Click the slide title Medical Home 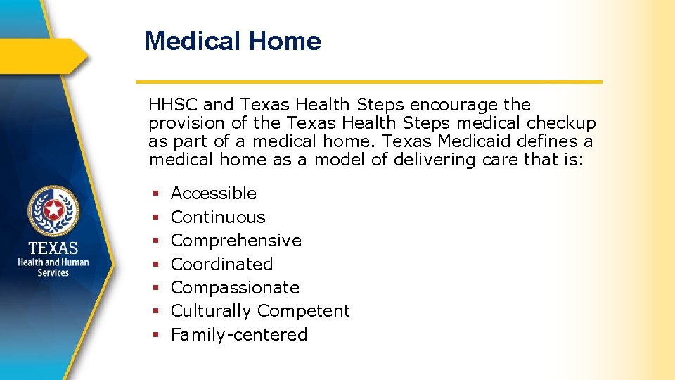click(233, 41)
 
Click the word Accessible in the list click(214, 194)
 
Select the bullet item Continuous click(218, 217)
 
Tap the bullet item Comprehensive click(236, 241)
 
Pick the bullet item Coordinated click(221, 265)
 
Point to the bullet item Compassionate click(235, 288)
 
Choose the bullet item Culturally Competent click(260, 311)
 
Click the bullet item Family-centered click(239, 335)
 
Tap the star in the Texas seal click(53, 210)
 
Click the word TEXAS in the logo click(53, 248)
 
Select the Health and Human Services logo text click(53, 267)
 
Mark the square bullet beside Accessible click(154, 194)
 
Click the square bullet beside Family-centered click(154, 335)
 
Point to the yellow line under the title click(368, 82)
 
